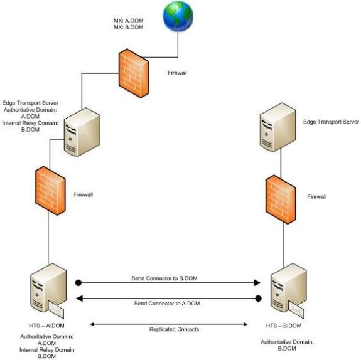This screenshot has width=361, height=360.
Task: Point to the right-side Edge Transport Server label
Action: (331, 122)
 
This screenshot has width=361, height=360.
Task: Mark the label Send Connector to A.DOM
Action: (168, 303)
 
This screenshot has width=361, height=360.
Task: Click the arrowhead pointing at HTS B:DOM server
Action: (257, 283)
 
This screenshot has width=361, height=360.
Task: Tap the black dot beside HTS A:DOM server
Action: (78, 283)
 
